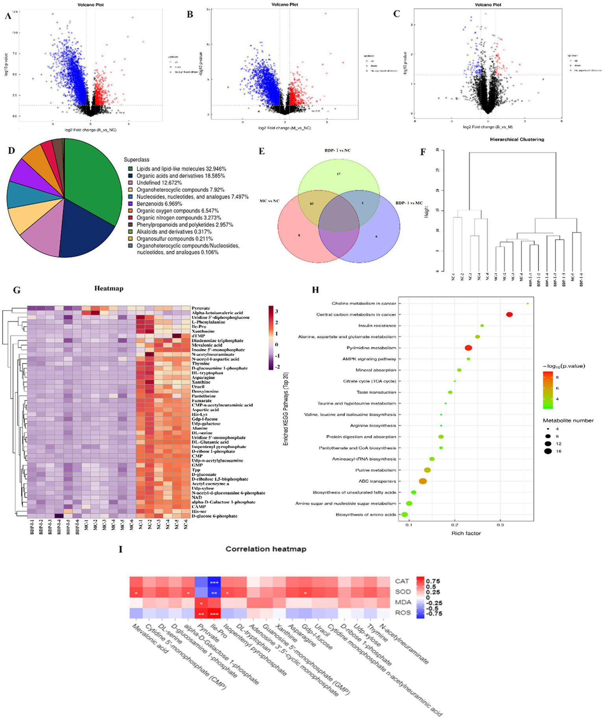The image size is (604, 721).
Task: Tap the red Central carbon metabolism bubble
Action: [509, 315]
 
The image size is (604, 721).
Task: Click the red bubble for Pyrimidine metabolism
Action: [468, 348]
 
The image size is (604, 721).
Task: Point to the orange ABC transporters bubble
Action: [423, 481]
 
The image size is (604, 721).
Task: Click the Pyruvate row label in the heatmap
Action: [201, 308]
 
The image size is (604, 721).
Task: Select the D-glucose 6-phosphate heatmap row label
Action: [214, 516]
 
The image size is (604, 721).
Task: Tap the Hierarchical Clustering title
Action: [517, 139]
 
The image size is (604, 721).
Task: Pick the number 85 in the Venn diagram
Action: [312, 204]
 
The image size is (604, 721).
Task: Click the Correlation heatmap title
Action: [266, 549]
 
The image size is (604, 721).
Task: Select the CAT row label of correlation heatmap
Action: [402, 581]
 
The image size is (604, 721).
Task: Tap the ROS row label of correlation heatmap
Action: [403, 613]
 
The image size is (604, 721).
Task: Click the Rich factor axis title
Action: [466, 533]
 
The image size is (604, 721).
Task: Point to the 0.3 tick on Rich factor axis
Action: [500, 525]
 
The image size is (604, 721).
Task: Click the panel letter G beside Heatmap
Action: [17, 290]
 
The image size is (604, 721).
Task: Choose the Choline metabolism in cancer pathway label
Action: [364, 304]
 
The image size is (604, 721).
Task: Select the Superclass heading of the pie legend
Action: [137, 160]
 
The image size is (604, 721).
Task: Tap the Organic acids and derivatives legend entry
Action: [181, 176]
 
